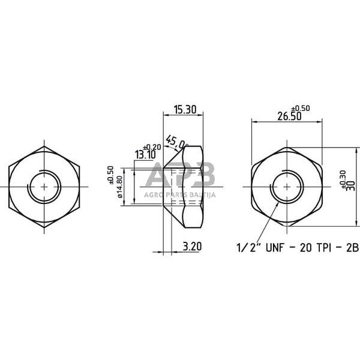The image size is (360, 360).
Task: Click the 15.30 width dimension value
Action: coord(185,110)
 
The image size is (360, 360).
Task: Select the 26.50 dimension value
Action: coord(289,116)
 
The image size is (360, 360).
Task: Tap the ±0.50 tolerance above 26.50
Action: coord(301,108)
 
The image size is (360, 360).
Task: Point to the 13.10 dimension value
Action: coord(146,155)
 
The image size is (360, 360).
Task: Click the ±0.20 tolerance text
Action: coord(152,147)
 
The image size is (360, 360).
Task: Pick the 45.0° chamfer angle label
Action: coord(176,142)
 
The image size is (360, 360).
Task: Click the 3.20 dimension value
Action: coord(192,247)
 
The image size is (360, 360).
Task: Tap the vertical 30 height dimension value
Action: coord(352,186)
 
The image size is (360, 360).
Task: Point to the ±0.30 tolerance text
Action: coord(344,179)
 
